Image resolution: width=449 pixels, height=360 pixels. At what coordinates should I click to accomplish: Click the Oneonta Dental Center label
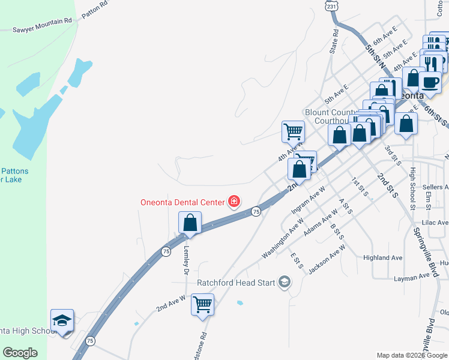tap(182, 202)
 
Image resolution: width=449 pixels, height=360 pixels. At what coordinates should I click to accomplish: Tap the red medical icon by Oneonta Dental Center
tap(234, 202)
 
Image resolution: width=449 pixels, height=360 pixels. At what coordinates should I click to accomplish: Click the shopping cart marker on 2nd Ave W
tap(202, 304)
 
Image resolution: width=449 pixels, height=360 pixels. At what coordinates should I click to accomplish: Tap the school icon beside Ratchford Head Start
tap(285, 282)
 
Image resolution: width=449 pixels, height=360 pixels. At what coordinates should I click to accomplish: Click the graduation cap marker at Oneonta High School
tap(62, 321)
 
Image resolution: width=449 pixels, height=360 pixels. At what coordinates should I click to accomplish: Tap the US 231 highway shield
tap(332, 5)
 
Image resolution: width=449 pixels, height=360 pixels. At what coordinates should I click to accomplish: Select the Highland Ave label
tap(382, 257)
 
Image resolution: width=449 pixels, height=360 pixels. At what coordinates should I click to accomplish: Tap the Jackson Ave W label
tap(327, 259)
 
